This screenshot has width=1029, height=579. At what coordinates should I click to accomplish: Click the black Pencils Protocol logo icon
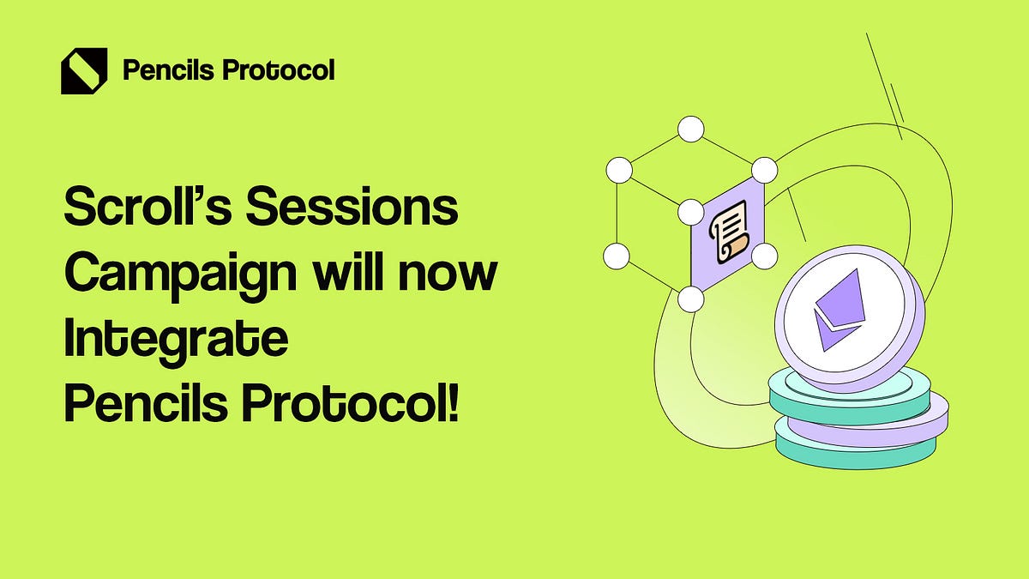point(83,70)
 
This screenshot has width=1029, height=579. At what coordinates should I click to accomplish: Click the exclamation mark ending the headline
point(453,401)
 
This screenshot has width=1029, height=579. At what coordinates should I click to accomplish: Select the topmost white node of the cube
point(690,130)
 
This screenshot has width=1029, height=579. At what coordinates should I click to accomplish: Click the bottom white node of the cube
point(690,299)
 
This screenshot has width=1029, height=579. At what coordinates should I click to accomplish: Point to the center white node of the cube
point(690,211)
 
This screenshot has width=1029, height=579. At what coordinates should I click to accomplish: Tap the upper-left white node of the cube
point(617,170)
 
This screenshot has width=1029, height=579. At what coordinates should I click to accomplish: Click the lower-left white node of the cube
point(617,255)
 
